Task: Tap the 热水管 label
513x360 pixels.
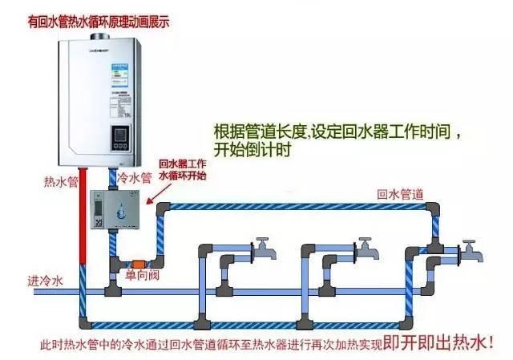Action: tap(60, 182)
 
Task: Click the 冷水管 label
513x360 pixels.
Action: tap(134, 178)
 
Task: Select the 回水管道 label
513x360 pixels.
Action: tap(401, 193)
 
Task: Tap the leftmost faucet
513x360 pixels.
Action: tap(263, 249)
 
